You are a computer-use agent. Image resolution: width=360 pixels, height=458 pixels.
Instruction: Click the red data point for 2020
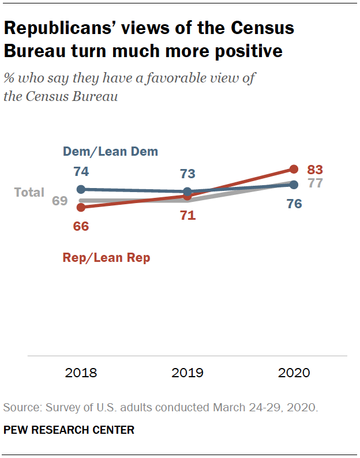(x=294, y=169)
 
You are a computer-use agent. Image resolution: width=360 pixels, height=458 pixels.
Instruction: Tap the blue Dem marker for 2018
(x=81, y=189)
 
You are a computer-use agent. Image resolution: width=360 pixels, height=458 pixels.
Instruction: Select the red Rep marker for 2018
(x=81, y=207)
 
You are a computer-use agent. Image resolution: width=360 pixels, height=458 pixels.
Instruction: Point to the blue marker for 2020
(x=294, y=185)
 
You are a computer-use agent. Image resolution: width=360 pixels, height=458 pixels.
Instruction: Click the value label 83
(x=314, y=170)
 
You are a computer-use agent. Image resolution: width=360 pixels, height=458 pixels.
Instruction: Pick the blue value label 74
(x=81, y=171)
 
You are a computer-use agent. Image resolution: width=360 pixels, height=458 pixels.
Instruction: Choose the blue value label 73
(x=187, y=174)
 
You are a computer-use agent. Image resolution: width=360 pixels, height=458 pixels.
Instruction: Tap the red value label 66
(x=81, y=226)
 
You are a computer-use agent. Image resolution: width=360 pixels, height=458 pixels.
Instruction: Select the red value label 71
(x=187, y=216)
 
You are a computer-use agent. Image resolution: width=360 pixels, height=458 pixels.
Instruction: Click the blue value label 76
(x=294, y=204)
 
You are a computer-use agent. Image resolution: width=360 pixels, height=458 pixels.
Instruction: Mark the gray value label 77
(x=314, y=184)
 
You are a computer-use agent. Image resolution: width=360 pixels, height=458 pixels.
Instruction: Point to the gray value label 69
(x=60, y=201)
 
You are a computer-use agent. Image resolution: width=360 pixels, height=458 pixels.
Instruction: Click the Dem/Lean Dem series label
(x=110, y=152)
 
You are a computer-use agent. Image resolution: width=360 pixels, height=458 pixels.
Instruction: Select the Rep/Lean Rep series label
(x=106, y=258)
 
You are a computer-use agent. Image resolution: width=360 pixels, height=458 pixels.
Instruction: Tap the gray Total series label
(x=29, y=192)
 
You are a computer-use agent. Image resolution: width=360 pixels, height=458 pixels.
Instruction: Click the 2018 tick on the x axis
(x=81, y=373)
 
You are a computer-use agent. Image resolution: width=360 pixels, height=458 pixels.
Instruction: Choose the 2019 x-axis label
(x=187, y=373)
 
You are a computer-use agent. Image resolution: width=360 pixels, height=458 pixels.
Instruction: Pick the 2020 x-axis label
(x=294, y=373)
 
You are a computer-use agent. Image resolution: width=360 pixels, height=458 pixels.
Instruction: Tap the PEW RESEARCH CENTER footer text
(x=69, y=430)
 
